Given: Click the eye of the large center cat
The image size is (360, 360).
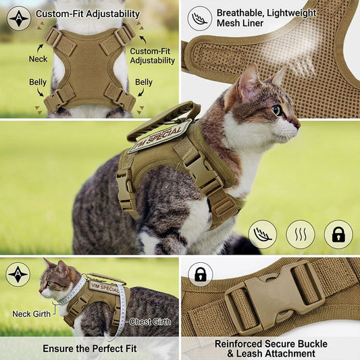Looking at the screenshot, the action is (277, 110).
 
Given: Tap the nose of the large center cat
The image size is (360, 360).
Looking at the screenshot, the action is (298, 126).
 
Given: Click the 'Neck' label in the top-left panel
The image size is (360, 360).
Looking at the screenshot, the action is (38, 59).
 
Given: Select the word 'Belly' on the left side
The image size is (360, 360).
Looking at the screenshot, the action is (38, 82).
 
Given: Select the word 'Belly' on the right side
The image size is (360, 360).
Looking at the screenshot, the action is (144, 82).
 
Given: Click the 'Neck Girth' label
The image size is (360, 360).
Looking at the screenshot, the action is (32, 314).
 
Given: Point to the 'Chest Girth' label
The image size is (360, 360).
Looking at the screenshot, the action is (150, 322).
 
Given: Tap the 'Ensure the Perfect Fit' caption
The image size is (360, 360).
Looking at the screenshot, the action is (90, 349).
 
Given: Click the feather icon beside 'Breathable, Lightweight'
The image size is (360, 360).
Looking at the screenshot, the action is (199, 18).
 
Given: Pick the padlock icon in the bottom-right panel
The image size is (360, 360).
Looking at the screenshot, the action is (200, 275).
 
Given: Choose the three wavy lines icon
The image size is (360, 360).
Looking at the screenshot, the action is (301, 234).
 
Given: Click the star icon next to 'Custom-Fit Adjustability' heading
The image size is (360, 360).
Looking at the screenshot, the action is (19, 18).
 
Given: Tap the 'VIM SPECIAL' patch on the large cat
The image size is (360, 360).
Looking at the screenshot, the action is (160, 136).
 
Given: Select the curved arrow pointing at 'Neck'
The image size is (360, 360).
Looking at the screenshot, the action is (40, 49).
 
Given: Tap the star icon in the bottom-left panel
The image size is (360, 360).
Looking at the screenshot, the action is (18, 275).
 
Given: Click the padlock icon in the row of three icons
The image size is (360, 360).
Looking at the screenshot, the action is (338, 234).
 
